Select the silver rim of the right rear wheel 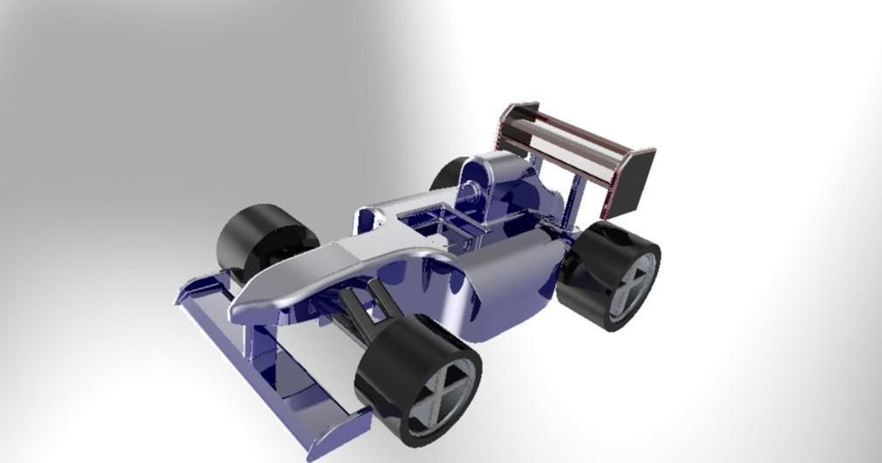pyautogui.click(x=633, y=284)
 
